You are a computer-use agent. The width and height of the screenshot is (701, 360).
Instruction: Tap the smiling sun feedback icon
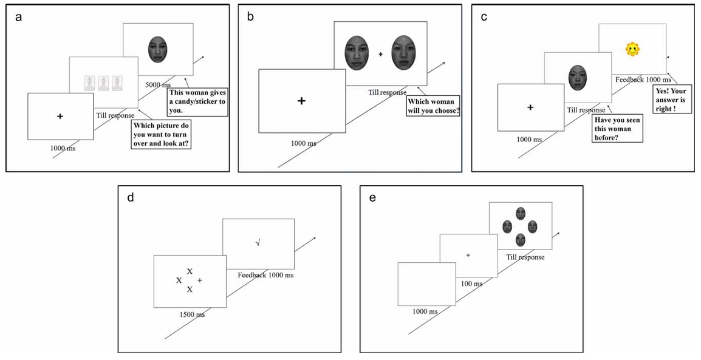pyautogui.click(x=633, y=49)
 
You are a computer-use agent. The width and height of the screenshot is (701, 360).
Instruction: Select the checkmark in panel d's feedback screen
pyautogui.click(x=258, y=243)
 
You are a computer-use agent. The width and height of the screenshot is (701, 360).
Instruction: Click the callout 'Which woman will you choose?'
pyautogui.click(x=433, y=106)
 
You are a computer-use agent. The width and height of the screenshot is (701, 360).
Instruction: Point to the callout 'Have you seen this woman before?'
pyautogui.click(x=617, y=129)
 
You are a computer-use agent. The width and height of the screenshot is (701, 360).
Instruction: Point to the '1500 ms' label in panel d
pyautogui.click(x=190, y=314)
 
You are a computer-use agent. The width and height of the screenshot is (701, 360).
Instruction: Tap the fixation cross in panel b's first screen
pyautogui.click(x=301, y=101)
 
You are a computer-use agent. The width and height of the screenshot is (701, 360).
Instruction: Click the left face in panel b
pyautogui.click(x=357, y=53)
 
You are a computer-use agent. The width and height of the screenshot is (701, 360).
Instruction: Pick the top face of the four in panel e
pyautogui.click(x=520, y=214)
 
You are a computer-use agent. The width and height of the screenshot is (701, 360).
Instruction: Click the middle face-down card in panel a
pyautogui.click(x=103, y=83)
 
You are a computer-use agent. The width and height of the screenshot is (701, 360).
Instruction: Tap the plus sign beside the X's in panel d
pyautogui.click(x=200, y=280)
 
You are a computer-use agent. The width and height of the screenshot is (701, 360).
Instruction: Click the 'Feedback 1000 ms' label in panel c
pyautogui.click(x=643, y=80)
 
